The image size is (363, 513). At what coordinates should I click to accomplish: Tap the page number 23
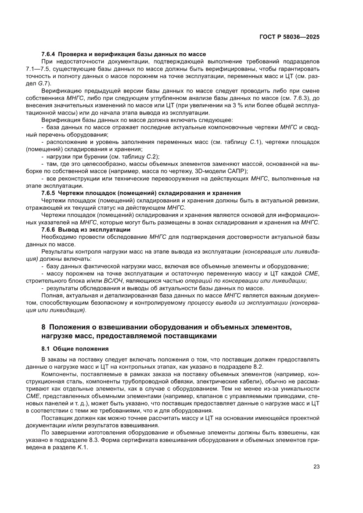coord(316,466)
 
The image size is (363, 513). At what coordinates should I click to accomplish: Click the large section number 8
coord(43,327)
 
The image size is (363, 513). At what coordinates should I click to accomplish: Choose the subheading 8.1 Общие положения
coord(75,349)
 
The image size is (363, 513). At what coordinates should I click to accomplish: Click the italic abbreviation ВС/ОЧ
coord(115,281)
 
